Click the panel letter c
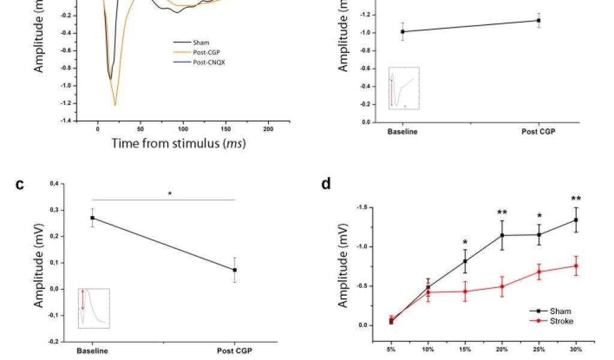(x=20, y=184)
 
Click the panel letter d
(x=326, y=184)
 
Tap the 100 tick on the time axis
(x=183, y=129)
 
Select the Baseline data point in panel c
(x=92, y=218)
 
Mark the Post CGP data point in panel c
(x=235, y=270)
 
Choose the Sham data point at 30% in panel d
(x=576, y=220)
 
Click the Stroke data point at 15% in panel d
(x=465, y=291)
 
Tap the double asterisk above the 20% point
(x=502, y=212)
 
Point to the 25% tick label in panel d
(x=538, y=349)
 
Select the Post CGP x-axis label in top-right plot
(x=538, y=131)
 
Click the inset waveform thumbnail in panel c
(x=94, y=307)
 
